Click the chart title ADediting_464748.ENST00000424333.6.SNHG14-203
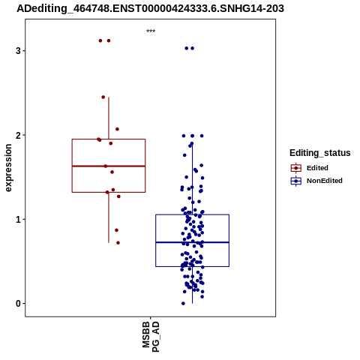(151, 8)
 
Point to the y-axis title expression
(8, 168)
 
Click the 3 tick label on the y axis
(18, 51)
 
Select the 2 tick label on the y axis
(18, 135)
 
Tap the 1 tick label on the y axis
(18, 220)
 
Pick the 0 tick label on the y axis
(18, 304)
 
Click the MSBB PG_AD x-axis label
(151, 337)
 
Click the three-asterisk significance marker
(151, 31)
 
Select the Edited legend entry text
(317, 168)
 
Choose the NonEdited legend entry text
(325, 181)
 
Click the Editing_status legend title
(320, 153)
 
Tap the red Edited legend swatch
(296, 168)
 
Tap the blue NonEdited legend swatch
(296, 181)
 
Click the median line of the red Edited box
(109, 166)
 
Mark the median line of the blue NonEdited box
(193, 242)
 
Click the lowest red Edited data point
(118, 243)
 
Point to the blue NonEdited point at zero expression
(183, 304)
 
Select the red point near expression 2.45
(103, 97)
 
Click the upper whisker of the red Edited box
(109, 118)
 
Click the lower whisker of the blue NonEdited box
(192, 285)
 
